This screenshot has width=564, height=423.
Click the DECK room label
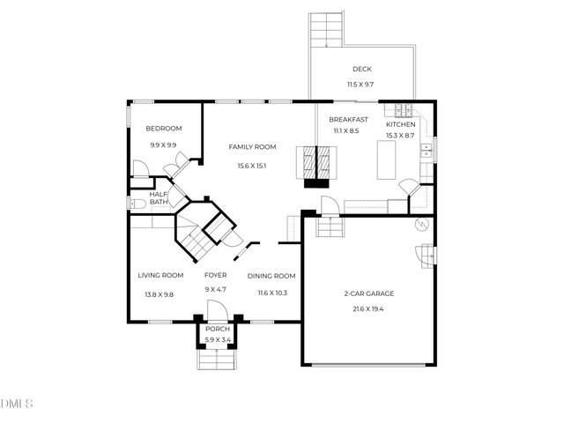pyautogui.click(x=361, y=69)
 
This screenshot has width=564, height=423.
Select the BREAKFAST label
pyautogui.click(x=348, y=120)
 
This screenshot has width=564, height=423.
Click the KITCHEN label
pyautogui.click(x=400, y=124)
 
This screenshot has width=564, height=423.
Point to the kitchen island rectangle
pyautogui.click(x=386, y=160)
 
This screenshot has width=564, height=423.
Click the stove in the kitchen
pyautogui.click(x=404, y=110)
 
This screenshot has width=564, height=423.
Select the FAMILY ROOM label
pyautogui.click(x=252, y=147)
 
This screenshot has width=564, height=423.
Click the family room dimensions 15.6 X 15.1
pyautogui.click(x=252, y=166)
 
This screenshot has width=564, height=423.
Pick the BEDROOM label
pyautogui.click(x=164, y=129)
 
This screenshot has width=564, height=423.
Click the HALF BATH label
pyautogui.click(x=159, y=198)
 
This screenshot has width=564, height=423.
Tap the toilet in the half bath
pyautogui.click(x=135, y=204)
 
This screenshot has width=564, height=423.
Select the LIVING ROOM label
pyautogui.click(x=160, y=275)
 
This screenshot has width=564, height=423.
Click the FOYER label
pyautogui.click(x=216, y=275)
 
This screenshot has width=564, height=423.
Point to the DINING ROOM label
pyautogui.click(x=271, y=275)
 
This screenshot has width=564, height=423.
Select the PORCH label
pyautogui.click(x=218, y=329)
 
